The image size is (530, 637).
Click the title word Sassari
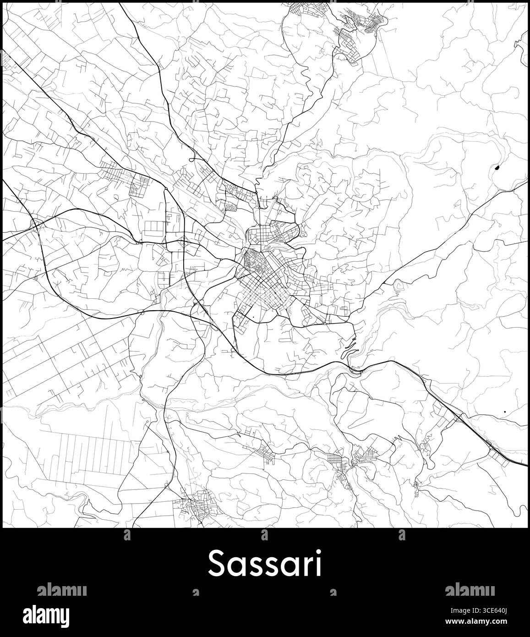tap(265, 563)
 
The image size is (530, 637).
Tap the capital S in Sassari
tap(217, 563)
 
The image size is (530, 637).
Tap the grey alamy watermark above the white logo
tap(61, 590)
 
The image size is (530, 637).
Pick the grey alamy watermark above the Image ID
tap(469, 590)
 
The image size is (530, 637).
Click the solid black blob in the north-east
tap(497, 168)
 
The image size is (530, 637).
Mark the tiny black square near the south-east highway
tap(504, 412)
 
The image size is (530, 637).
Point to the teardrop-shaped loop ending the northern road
tap(191, 160)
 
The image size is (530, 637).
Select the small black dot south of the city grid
tap(252, 317)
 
